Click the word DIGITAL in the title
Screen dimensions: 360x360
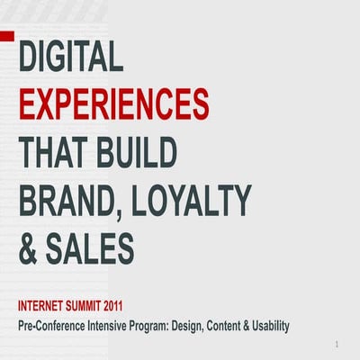pos(70,60)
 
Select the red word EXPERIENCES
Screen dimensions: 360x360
pos(113,105)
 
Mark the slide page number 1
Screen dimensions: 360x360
pos(335,346)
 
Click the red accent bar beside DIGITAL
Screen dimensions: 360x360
pos(7,38)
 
